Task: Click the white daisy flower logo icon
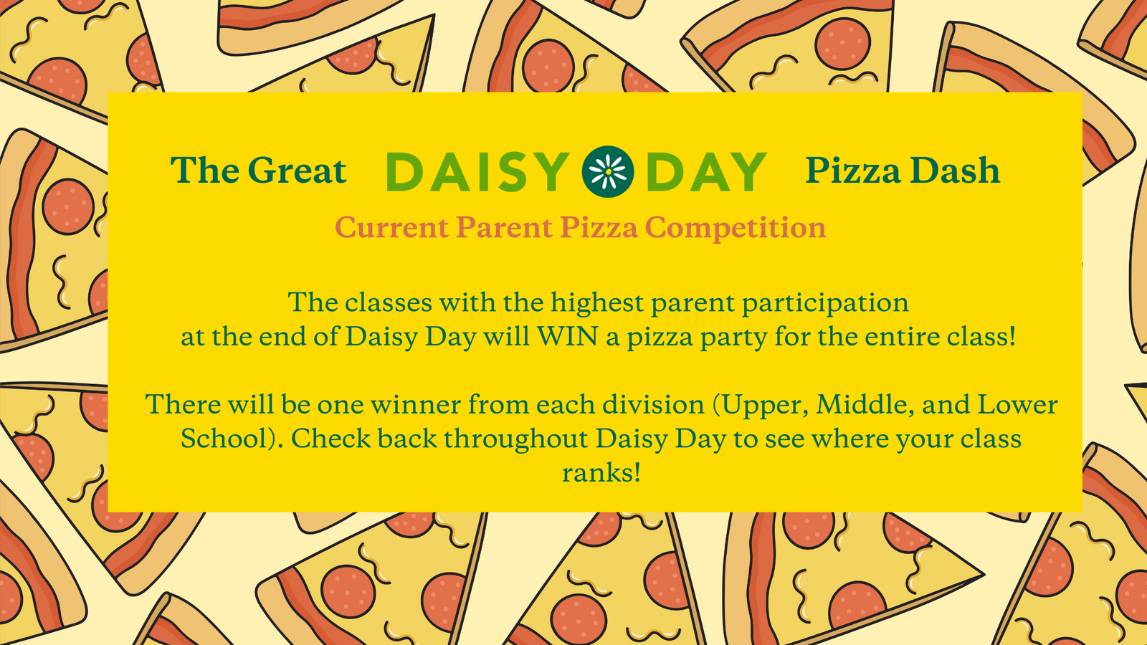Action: pos(608,171)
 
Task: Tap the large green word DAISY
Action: pos(477,172)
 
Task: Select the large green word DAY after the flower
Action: pos(706,172)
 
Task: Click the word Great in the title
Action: pos(297,170)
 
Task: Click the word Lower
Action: pos(1018,404)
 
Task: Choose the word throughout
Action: pos(515,439)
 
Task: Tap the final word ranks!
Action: pos(601,473)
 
